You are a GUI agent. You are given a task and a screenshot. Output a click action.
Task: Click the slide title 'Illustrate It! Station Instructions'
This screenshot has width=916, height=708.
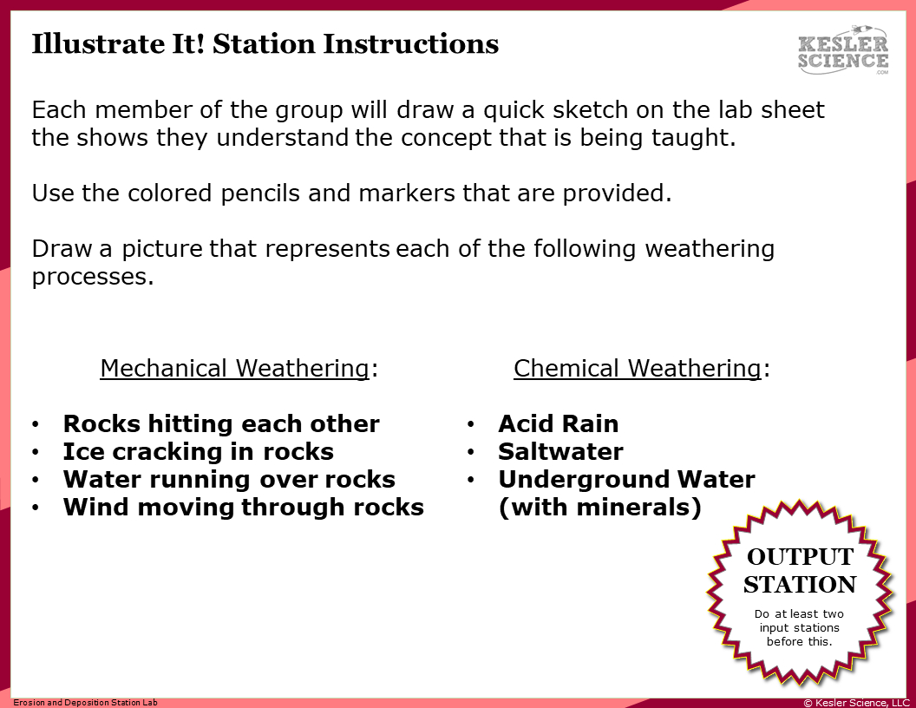tap(265, 44)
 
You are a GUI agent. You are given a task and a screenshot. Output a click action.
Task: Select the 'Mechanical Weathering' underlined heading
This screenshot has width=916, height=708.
tap(234, 368)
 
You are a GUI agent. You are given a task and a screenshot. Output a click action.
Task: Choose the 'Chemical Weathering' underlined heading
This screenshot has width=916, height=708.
tap(637, 368)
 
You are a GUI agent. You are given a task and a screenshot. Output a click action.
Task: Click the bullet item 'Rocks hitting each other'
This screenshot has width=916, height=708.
tap(221, 423)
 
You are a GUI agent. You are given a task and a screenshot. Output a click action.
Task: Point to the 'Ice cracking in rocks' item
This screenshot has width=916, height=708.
tap(198, 451)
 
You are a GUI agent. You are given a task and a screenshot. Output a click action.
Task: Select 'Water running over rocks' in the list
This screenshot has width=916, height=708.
tap(229, 479)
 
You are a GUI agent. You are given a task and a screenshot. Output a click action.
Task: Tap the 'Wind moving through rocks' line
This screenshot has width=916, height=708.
tap(243, 507)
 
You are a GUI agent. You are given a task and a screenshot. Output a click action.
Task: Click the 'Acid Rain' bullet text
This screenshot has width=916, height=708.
tap(558, 423)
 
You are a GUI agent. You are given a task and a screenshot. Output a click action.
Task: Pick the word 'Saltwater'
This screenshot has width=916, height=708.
tap(560, 451)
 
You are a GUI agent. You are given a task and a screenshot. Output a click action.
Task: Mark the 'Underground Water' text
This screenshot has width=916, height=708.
tap(626, 479)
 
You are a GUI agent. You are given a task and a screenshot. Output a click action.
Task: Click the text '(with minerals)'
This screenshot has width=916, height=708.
tap(599, 507)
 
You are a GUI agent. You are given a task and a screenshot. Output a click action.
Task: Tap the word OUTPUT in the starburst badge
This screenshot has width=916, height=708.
tap(800, 556)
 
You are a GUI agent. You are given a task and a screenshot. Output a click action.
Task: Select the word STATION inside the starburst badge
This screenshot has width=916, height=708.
tap(800, 584)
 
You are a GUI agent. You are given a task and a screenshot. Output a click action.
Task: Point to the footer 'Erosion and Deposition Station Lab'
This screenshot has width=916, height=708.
tap(85, 703)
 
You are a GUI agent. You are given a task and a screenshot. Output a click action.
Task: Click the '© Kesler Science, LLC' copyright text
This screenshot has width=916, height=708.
tap(856, 703)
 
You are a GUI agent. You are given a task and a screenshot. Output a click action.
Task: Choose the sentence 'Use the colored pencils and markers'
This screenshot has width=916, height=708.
tap(351, 193)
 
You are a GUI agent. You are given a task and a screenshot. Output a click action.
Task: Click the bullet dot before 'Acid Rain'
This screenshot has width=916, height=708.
tap(470, 424)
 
